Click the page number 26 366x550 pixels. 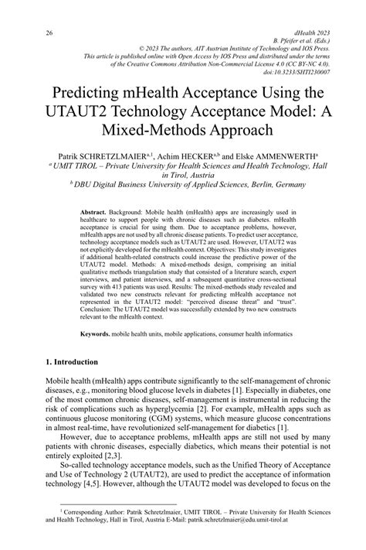click(28, 33)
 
